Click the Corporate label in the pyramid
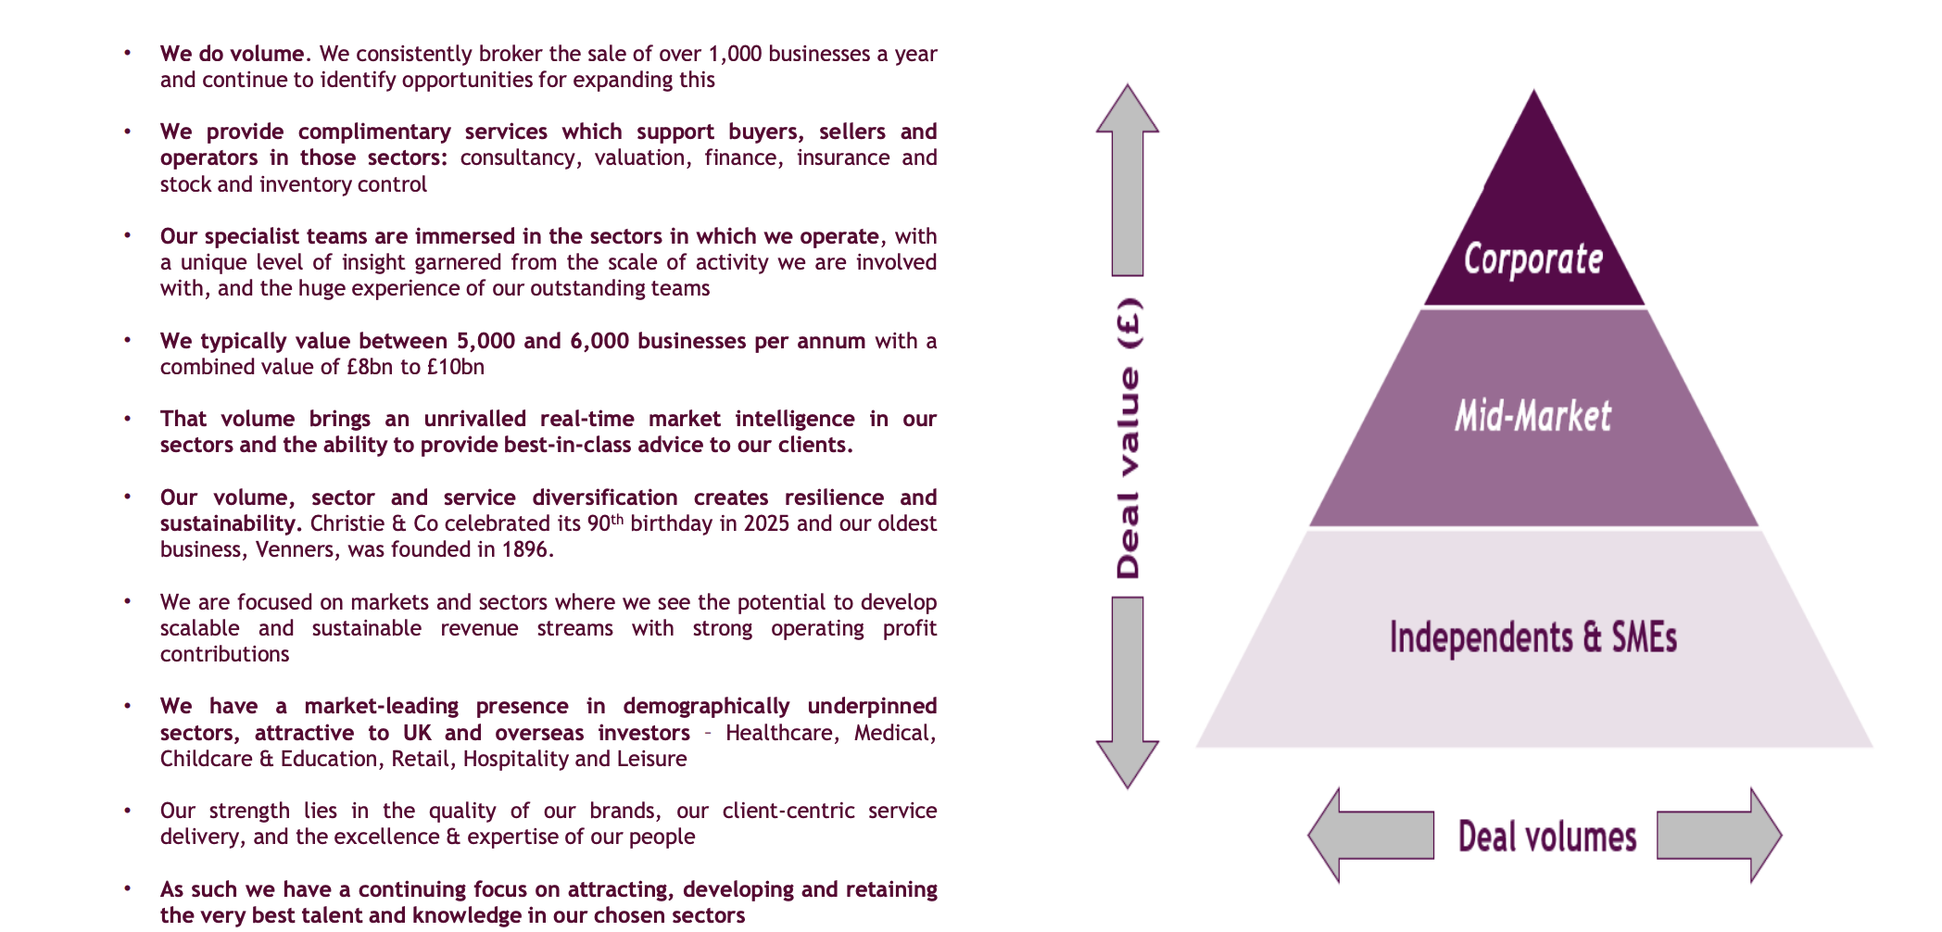click(1533, 259)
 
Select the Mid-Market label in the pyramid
click(1533, 416)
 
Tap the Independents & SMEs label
click(1533, 637)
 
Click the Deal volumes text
click(1547, 837)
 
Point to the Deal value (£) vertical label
click(1129, 437)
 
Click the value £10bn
click(455, 367)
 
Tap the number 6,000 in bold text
click(599, 341)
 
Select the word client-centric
click(788, 811)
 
